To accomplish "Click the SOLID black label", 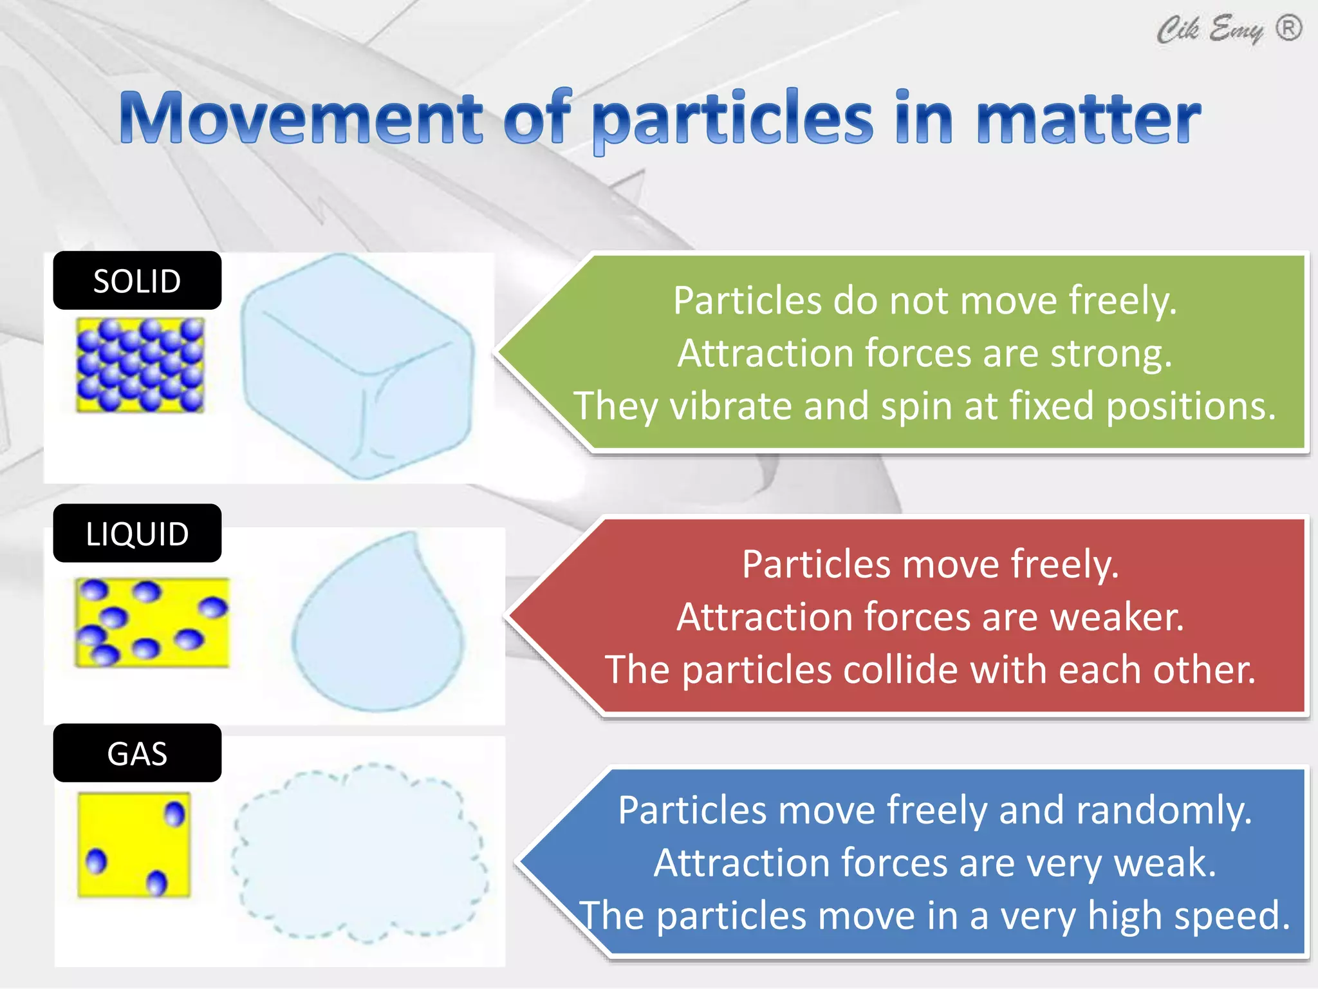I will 137,281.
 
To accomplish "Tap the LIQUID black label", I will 137,534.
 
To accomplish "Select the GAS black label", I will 137,753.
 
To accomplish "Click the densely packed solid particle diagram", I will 140,365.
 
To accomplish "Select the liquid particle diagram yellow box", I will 152,623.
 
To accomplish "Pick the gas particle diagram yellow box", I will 134,845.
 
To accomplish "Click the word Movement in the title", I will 301,118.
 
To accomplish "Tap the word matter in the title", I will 1088,118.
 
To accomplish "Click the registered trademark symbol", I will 1288,28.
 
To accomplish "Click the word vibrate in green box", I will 731,406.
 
